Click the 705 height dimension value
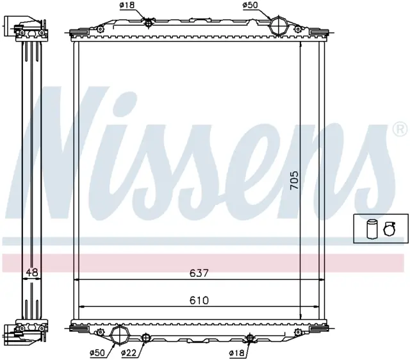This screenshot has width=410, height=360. pyautogui.click(x=294, y=180)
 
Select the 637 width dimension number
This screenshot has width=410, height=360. pyautogui.click(x=199, y=273)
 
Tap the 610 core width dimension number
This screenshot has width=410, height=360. pyautogui.click(x=199, y=300)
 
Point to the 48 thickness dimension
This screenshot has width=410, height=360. pyautogui.click(x=32, y=272)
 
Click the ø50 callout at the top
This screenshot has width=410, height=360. pyautogui.click(x=250, y=5)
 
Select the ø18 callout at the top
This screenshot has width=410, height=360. pyautogui.click(x=127, y=5)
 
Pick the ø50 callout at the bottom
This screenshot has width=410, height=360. pyautogui.click(x=97, y=353)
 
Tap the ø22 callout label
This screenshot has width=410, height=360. pyautogui.click(x=129, y=353)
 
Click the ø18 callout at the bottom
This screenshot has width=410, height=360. pyautogui.click(x=236, y=353)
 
